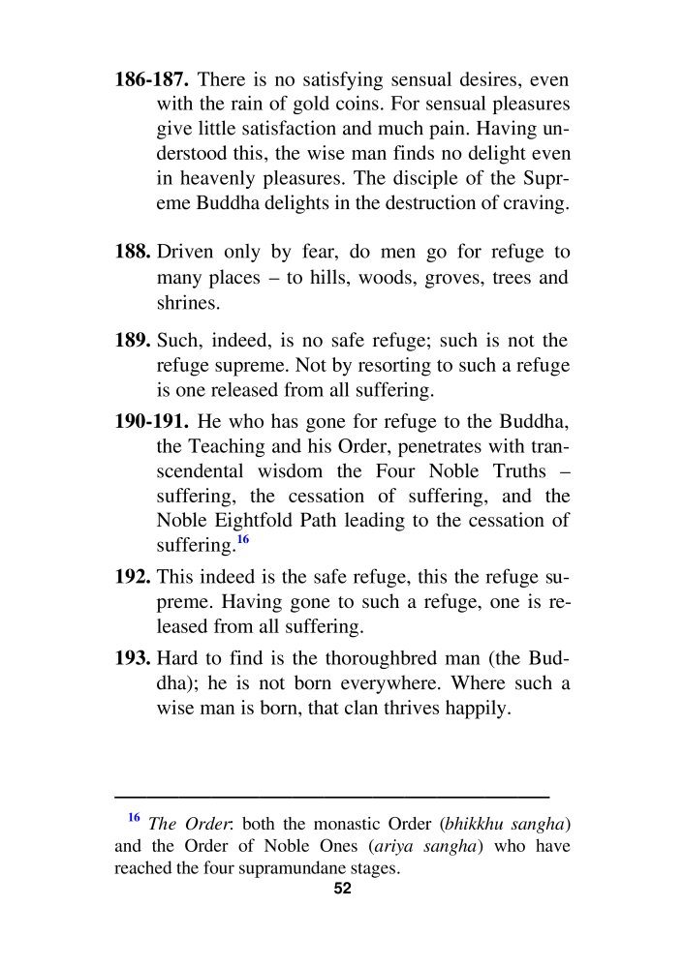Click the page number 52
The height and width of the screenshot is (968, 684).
click(x=341, y=891)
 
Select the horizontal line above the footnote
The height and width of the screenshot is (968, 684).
click(x=331, y=795)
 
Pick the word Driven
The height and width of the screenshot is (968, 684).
click(x=187, y=252)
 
